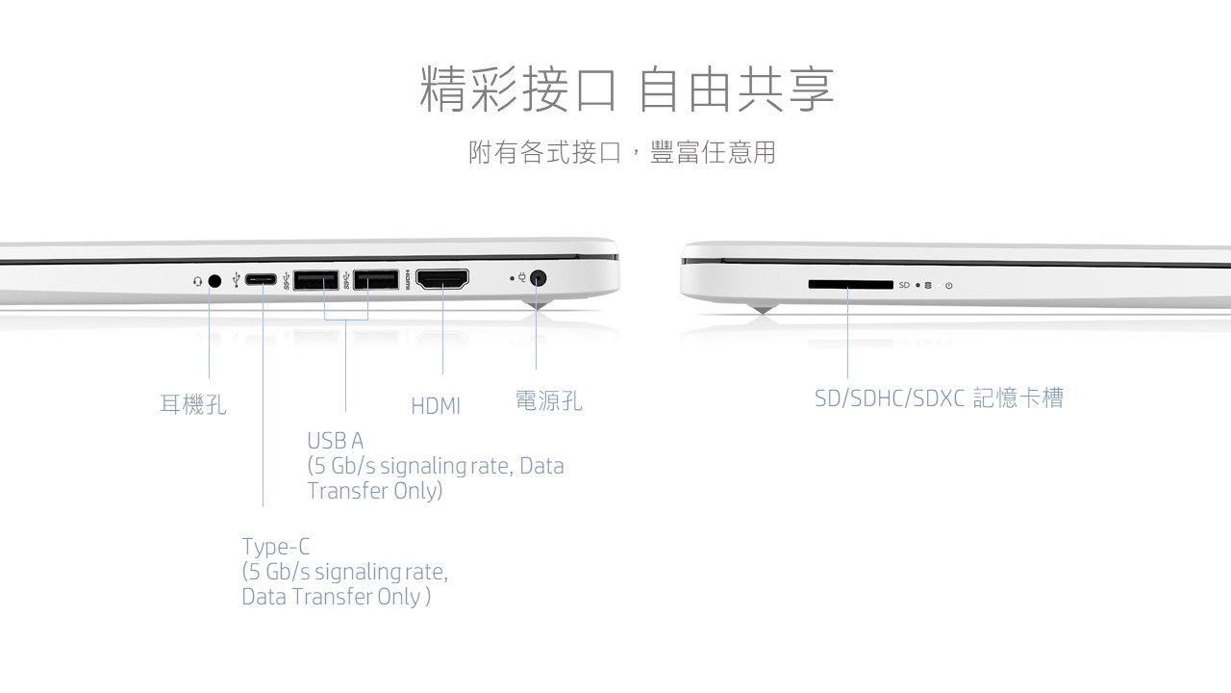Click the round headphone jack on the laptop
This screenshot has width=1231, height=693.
pyautogui.click(x=215, y=281)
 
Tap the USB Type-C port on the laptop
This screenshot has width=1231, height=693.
pyautogui.click(x=261, y=280)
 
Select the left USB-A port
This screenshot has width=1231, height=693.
pyautogui.click(x=316, y=280)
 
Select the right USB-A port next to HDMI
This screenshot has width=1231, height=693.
pyautogui.click(x=376, y=279)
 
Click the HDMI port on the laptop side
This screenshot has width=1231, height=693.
pyautogui.click(x=442, y=279)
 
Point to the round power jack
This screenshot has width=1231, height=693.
pyautogui.click(x=538, y=278)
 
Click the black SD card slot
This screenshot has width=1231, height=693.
pyautogui.click(x=851, y=284)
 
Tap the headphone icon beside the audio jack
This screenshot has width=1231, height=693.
pyautogui.click(x=198, y=282)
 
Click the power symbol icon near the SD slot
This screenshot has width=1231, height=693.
pyautogui.click(x=948, y=286)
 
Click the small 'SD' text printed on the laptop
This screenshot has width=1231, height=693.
pyautogui.click(x=904, y=285)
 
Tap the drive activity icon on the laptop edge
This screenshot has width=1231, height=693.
pyautogui.click(x=928, y=286)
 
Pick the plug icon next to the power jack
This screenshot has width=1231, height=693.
pyautogui.click(x=521, y=278)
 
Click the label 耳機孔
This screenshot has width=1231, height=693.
pyautogui.click(x=193, y=404)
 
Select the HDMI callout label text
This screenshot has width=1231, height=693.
pyautogui.click(x=436, y=406)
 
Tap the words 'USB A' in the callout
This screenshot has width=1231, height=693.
pyautogui.click(x=336, y=441)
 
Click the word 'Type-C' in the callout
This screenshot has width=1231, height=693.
pyautogui.click(x=276, y=548)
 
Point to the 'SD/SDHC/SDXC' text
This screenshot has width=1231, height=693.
pyautogui.click(x=890, y=398)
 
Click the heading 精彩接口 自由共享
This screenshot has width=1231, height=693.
pyautogui.click(x=627, y=89)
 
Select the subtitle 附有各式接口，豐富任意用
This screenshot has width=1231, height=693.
pyautogui.click(x=622, y=152)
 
